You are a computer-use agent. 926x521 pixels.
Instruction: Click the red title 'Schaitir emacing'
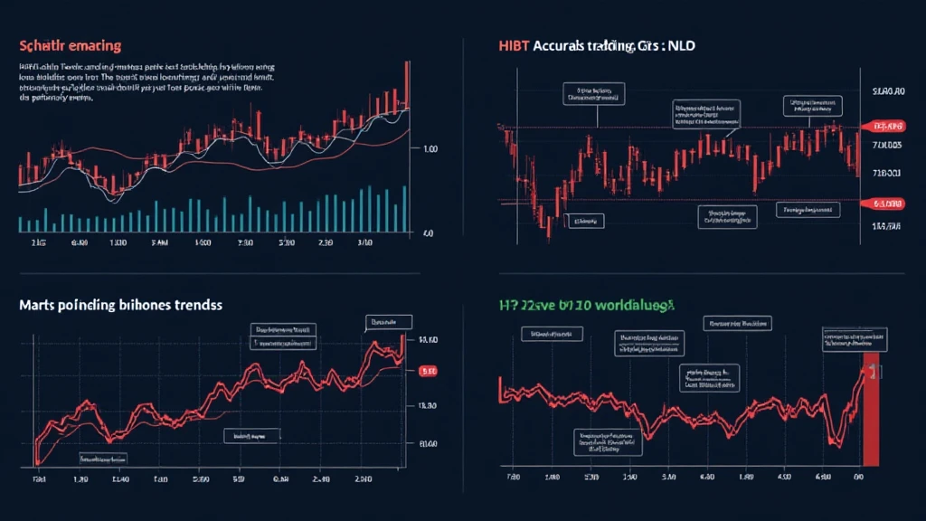tap(70, 44)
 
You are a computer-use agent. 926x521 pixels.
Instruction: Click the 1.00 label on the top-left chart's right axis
tap(430, 148)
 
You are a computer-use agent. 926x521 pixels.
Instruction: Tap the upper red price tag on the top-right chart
tap(886, 126)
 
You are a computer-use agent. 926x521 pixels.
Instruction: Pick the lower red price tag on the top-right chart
tap(886, 204)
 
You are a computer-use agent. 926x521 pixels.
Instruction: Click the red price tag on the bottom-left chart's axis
tap(430, 371)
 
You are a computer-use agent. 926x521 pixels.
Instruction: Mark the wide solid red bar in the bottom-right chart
tap(872, 407)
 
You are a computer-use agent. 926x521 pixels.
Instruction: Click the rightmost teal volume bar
tap(404, 209)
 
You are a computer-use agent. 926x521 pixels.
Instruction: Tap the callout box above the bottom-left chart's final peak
tap(389, 321)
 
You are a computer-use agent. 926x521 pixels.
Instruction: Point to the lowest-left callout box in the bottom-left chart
tap(250, 436)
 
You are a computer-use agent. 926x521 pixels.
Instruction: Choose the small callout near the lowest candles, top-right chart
tap(584, 220)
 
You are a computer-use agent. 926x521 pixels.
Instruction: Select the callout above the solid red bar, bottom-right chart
tap(854, 339)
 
